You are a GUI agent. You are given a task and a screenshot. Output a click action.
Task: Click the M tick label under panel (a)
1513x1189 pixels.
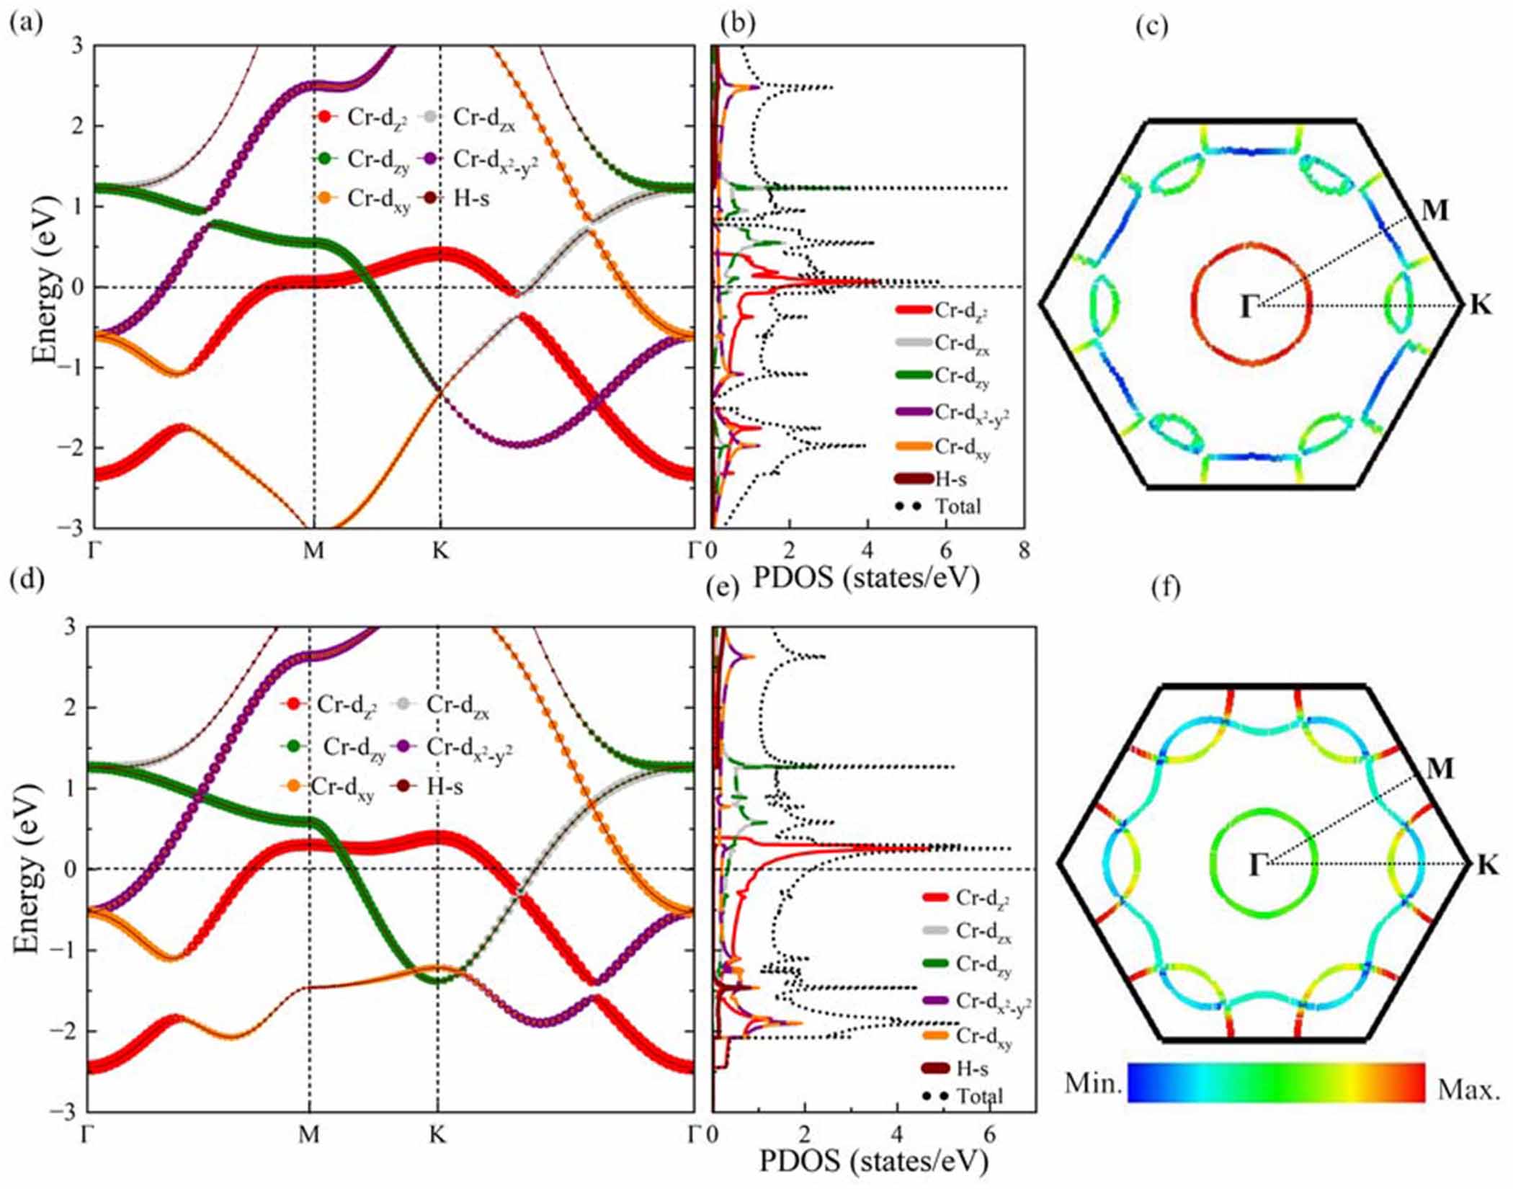point(313,551)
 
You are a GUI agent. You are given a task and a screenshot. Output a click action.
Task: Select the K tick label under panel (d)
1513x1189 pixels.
point(437,1134)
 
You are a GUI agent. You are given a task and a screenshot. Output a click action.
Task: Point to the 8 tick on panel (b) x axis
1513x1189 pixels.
point(1024,551)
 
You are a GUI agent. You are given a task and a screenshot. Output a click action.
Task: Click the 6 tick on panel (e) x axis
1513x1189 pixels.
point(989,1134)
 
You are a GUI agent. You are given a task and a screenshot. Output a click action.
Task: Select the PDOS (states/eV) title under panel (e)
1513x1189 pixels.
point(873,1162)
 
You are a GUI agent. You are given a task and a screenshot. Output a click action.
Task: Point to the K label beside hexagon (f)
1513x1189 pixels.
point(1487,865)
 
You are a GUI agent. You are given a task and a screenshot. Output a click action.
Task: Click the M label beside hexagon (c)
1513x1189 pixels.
point(1434,210)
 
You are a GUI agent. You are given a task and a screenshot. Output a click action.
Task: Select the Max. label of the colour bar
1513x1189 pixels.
point(1468,1090)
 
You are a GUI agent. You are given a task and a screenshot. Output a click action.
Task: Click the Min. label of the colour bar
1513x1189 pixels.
point(1092,1083)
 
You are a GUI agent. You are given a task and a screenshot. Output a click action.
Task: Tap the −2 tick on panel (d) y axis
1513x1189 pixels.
point(66,1031)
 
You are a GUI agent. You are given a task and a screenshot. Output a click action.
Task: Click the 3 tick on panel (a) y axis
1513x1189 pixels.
point(78,46)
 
